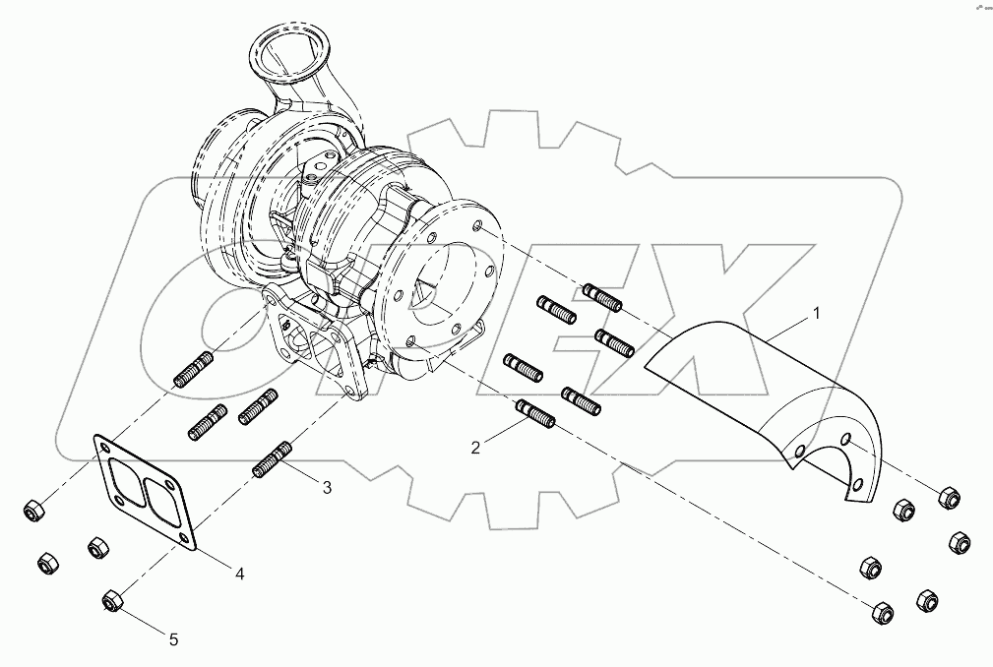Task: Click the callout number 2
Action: tap(475, 448)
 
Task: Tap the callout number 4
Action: tap(239, 574)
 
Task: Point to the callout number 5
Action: tap(173, 639)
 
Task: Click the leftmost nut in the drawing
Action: tap(32, 511)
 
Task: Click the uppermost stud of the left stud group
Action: tap(192, 369)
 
